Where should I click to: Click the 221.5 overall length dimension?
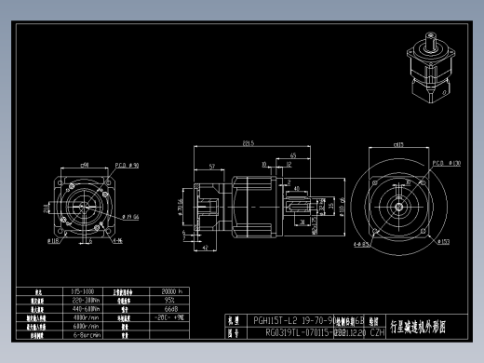(x=249, y=143)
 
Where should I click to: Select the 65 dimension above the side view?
(x=293, y=155)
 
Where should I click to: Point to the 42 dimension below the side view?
(x=204, y=249)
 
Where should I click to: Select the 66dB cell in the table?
(x=170, y=307)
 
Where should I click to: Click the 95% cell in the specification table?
(x=170, y=300)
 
